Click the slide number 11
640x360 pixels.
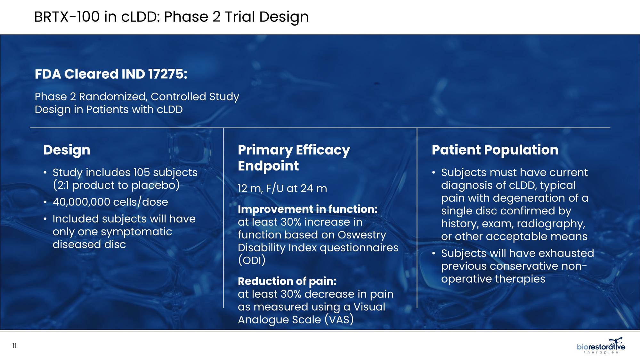pos(14,346)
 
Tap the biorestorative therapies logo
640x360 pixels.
pos(601,346)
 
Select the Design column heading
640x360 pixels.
pos(67,150)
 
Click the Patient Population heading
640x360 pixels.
pos(495,150)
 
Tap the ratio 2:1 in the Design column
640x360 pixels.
pos(63,185)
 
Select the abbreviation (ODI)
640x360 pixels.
pos(252,260)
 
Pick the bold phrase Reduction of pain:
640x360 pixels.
pos(287,281)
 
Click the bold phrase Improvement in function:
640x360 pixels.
pos(308,209)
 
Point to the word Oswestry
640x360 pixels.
pos(362,235)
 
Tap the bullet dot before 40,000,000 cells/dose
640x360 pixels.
pos(45,202)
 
